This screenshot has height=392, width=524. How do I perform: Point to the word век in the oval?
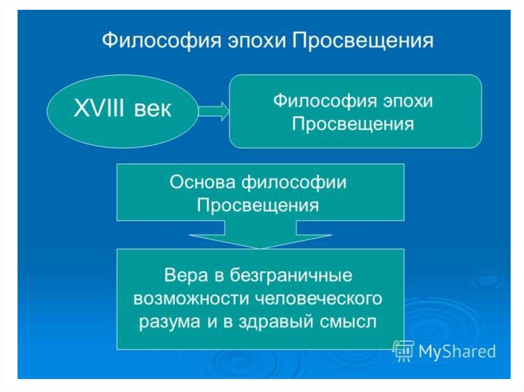point(153,109)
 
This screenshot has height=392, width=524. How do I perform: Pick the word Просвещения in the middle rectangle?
point(258,205)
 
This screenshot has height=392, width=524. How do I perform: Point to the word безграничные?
point(289,276)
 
